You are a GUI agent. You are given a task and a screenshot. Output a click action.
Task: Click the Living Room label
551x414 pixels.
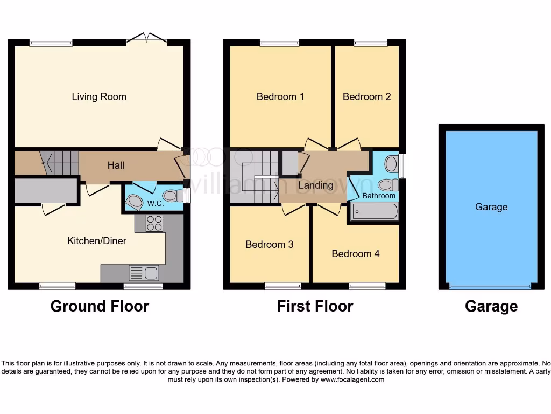pos(99,97)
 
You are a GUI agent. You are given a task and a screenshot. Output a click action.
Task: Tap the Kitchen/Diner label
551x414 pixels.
pos(97,241)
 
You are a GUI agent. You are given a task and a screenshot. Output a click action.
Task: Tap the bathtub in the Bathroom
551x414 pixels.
pos(375,212)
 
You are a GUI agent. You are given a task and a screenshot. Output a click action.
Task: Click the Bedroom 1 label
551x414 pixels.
pos(280,97)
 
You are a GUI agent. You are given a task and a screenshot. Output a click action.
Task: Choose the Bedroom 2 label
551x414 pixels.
pos(367,97)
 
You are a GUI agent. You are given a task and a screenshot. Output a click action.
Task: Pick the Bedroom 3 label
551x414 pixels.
pos(270,245)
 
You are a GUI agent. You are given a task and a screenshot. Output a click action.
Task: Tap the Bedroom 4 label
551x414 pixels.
pos(356,254)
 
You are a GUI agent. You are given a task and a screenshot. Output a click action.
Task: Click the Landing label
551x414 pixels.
pos(316,185)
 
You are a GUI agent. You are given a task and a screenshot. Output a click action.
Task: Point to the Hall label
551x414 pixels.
pos(116,165)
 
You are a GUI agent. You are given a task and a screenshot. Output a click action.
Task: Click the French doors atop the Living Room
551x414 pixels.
pos(147,39)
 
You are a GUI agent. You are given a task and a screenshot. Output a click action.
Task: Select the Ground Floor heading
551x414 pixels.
pos(100,306)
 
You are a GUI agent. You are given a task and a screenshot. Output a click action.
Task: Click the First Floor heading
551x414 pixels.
pos(315,306)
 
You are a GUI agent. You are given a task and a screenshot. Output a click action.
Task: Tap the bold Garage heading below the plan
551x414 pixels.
pos(491,306)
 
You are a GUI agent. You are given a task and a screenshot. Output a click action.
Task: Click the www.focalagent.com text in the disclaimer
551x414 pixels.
pos(352,379)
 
